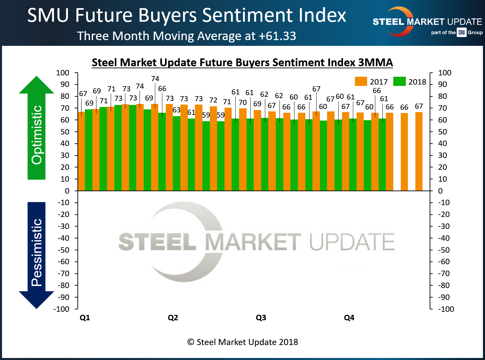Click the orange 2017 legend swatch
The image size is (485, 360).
tap(361, 82)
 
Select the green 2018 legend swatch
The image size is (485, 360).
tap(399, 82)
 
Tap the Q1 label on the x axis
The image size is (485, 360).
tap(85, 318)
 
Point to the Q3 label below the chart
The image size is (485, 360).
tap(261, 318)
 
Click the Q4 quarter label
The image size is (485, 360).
tap(349, 318)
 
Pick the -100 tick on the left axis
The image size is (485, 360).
tap(61, 309)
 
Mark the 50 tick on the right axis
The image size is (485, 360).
tap(445, 132)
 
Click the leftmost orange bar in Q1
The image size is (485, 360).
tap(82, 151)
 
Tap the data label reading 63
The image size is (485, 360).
tap(177, 110)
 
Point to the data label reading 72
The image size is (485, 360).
tap(213, 100)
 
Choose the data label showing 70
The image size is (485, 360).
tap(242, 102)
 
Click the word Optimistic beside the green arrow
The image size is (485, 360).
tap(37, 135)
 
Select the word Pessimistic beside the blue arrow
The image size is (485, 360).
tap(37, 252)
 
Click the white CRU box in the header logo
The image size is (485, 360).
tap(461, 33)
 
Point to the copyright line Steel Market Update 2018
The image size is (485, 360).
tap(242, 342)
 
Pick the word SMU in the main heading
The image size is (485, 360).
tap(49, 16)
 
